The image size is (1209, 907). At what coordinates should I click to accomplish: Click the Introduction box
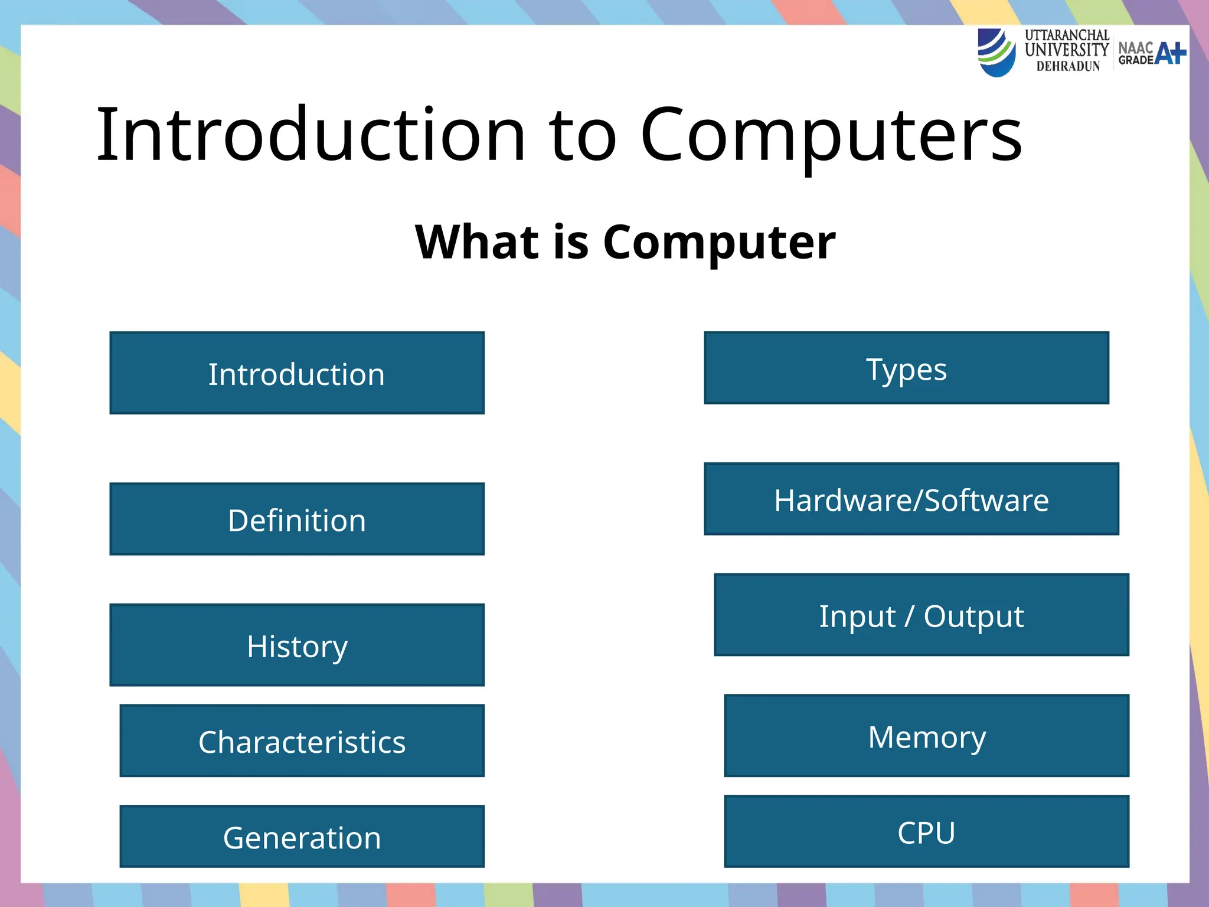click(x=297, y=373)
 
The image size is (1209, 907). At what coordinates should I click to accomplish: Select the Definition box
click(x=297, y=519)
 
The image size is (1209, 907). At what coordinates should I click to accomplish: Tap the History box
click(x=297, y=645)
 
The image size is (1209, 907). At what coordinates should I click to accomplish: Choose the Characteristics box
click(x=302, y=740)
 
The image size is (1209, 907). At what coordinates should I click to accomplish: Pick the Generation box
click(x=302, y=836)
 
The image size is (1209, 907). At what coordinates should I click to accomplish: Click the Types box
click(x=906, y=368)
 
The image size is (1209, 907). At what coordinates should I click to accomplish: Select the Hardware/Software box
click(x=911, y=499)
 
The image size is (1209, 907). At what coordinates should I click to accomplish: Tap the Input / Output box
click(x=921, y=615)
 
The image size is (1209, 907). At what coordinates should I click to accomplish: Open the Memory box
click(x=926, y=736)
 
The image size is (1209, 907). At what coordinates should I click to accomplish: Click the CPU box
click(x=926, y=831)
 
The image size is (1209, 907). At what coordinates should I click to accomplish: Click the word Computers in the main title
click(x=831, y=136)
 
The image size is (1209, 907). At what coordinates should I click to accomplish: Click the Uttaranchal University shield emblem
click(x=996, y=53)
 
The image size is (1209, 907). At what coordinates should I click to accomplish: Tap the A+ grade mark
click(x=1170, y=53)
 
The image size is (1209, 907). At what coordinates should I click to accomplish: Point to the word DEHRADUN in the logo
click(x=1068, y=67)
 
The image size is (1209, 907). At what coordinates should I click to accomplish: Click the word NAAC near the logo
click(x=1135, y=48)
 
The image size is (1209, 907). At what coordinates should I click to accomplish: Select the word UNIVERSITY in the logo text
click(x=1066, y=50)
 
